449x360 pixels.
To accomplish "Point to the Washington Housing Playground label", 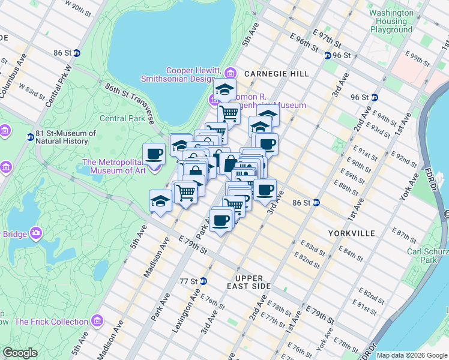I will point(391,21).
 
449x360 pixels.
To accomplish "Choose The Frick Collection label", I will point(52,322).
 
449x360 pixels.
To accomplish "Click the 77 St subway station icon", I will point(203,281).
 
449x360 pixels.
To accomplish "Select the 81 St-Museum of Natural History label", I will point(65,137).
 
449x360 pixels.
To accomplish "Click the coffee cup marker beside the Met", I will point(154,153).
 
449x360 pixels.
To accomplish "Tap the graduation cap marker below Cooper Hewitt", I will point(224,89).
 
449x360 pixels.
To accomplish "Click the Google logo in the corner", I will point(20,353).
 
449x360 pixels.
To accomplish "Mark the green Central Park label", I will point(122,118).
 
